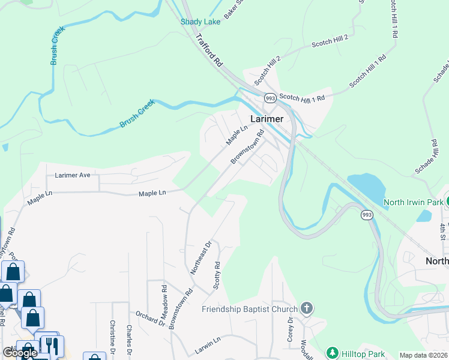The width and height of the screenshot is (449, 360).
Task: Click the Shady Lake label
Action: pos(200,22)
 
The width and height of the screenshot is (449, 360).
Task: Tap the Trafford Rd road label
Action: pos(209,50)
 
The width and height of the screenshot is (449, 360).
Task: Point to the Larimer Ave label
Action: pos(72,175)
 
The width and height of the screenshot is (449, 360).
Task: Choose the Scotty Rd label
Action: pos(217,274)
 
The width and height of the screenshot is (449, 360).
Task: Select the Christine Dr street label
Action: pos(112,336)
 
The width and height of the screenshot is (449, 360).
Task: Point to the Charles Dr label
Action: pos(129,338)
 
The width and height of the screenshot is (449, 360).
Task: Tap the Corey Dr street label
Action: pos(289,329)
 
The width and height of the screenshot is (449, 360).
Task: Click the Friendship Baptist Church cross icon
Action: pos(307,310)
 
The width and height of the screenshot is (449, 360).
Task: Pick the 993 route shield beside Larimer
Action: pos(270,98)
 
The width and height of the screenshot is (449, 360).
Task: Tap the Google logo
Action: pos(20,353)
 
